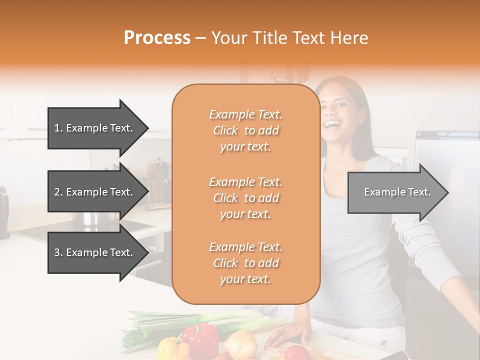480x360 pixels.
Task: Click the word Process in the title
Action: (157, 38)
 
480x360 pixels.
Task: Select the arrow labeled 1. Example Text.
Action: (95, 128)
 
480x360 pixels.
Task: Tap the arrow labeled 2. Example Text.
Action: (95, 192)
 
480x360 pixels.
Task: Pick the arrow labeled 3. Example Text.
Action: (95, 252)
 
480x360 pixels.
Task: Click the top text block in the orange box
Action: (245, 130)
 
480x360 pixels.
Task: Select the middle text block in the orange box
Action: (245, 198)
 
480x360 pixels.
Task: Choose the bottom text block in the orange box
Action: (245, 263)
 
